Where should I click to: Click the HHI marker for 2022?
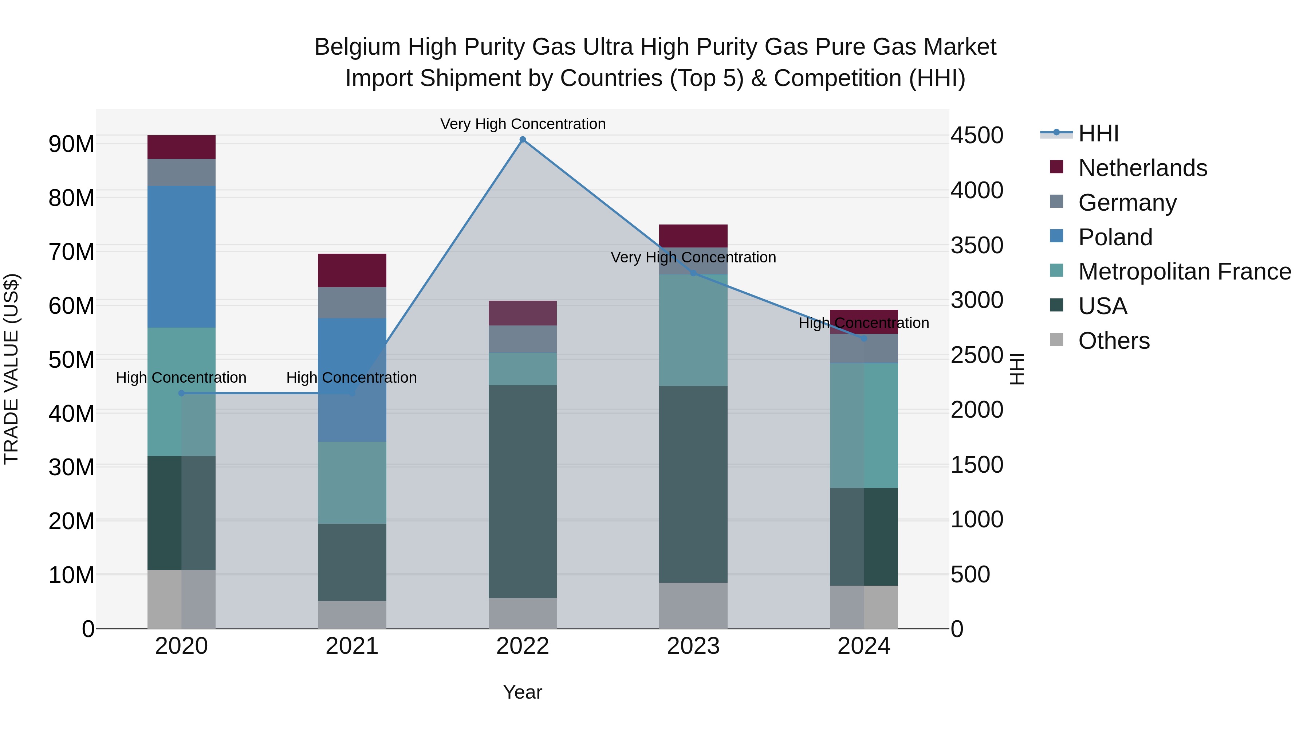[x=522, y=140]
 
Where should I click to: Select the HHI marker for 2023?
[x=693, y=273]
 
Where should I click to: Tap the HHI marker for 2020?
[x=181, y=393]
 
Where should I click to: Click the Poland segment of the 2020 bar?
[x=181, y=256]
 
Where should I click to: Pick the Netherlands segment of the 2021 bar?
[x=352, y=270]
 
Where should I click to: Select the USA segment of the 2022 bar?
[x=522, y=492]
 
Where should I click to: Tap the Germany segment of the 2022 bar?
[x=522, y=339]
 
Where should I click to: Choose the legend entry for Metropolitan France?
[x=1184, y=272]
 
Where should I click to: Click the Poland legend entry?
[x=1115, y=237]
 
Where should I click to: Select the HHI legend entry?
[x=1098, y=133]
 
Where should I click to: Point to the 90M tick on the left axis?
[x=71, y=144]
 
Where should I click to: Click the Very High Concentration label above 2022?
[x=523, y=124]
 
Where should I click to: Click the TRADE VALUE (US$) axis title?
[x=11, y=369]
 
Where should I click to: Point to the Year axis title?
[x=522, y=692]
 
